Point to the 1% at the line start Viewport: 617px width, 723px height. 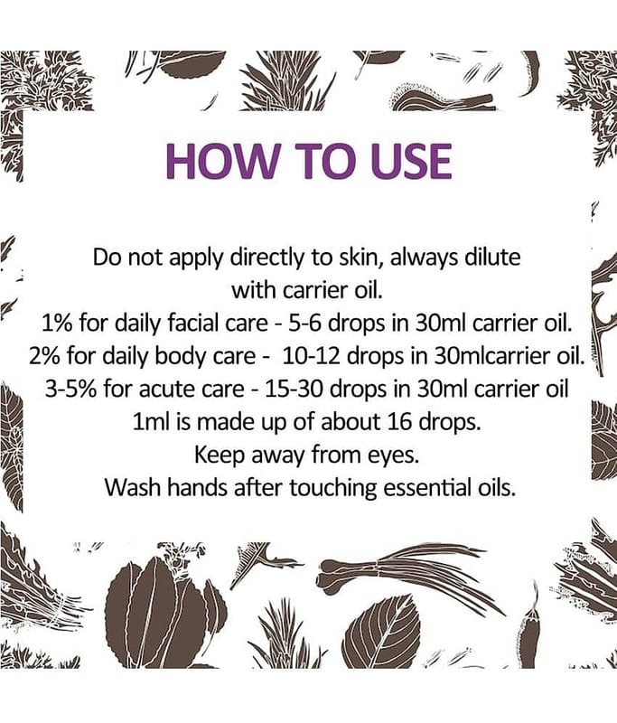point(58,324)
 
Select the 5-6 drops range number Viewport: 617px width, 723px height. point(304,324)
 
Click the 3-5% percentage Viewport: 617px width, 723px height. point(71,390)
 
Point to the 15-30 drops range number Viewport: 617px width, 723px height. point(294,390)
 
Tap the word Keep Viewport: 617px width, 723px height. point(220,455)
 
